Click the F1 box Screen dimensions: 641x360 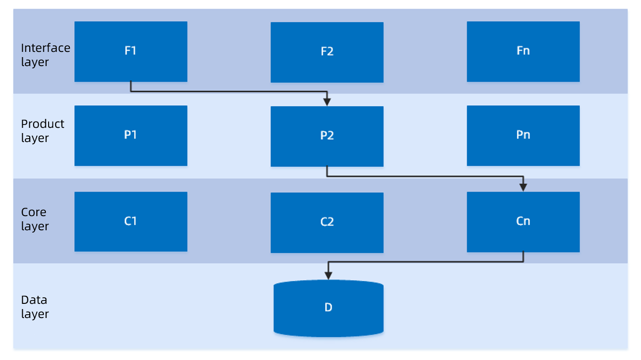click(131, 51)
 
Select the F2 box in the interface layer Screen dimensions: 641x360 click(327, 52)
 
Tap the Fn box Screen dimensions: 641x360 click(523, 51)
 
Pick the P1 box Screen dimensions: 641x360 click(131, 135)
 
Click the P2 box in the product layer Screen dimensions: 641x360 click(327, 136)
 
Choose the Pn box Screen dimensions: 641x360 click(523, 135)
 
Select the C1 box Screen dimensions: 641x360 click(131, 222)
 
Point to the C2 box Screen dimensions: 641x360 click(327, 223)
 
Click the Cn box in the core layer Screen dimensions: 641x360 click(523, 222)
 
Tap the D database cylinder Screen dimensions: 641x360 click(329, 308)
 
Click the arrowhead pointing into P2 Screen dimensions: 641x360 click(327, 102)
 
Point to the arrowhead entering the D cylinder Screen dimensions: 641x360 click(329, 276)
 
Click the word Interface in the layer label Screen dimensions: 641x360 click(45, 48)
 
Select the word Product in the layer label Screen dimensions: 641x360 click(42, 124)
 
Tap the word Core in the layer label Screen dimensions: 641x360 click(34, 212)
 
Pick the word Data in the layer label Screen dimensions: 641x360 click(34, 300)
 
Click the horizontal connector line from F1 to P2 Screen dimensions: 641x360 click(229, 92)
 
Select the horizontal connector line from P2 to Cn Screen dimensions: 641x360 click(425, 176)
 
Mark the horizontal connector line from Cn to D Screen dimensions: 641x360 click(426, 262)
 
